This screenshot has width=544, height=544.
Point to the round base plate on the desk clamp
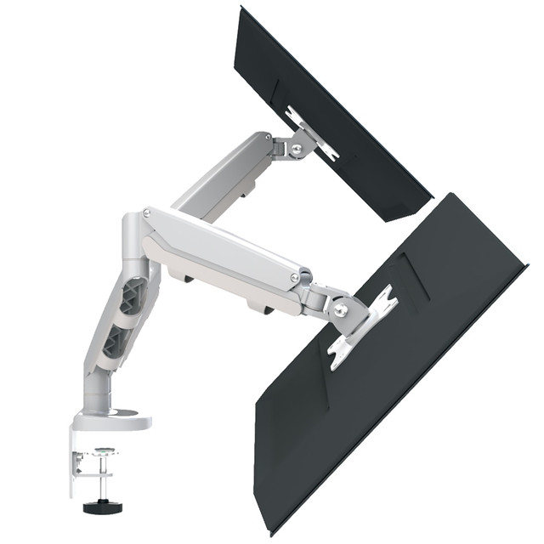point(110,418)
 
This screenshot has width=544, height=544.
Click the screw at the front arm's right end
point(295,278)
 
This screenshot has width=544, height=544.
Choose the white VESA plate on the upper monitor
point(311,133)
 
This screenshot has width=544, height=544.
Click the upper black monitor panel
point(340,110)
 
